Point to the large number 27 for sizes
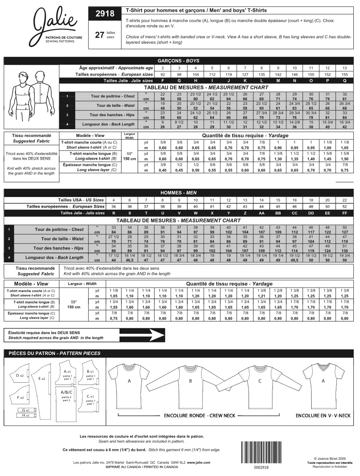pyautogui.click(x=100, y=35)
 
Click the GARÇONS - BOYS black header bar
pyautogui.click(x=178, y=61)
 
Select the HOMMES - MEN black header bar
pyautogui.click(x=178, y=193)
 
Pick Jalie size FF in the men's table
pyautogui.click(x=344, y=213)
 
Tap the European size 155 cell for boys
pyautogui.click(x=344, y=74)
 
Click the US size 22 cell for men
pyautogui.click(x=344, y=200)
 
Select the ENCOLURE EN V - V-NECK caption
pyautogui.click(x=323, y=416)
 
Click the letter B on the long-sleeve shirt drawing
pyautogui.click(x=190, y=381)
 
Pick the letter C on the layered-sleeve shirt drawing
pyautogui.click(x=260, y=381)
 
